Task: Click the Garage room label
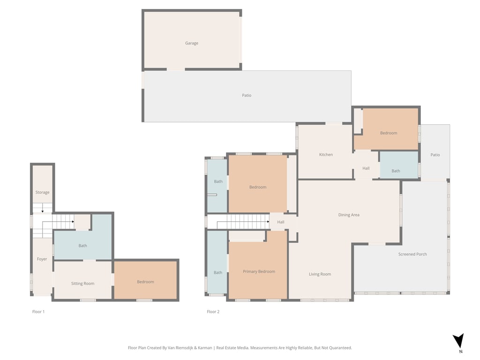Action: tap(191, 43)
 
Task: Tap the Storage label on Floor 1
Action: tap(42, 193)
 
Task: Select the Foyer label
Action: tap(42, 259)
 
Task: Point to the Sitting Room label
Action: tap(82, 284)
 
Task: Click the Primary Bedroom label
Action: tap(259, 271)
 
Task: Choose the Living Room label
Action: tap(320, 274)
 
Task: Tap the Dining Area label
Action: tap(349, 215)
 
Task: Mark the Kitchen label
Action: tap(326, 155)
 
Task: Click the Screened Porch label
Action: tap(412, 254)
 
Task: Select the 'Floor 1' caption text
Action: tap(38, 312)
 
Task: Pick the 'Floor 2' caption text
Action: tap(213, 312)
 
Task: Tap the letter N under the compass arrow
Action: tap(460, 352)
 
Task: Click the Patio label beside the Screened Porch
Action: tap(435, 155)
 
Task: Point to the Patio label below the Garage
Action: tap(247, 95)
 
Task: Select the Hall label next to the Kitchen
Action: tap(366, 168)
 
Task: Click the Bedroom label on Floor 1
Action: tap(145, 282)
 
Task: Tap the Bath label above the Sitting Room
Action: tap(82, 246)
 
